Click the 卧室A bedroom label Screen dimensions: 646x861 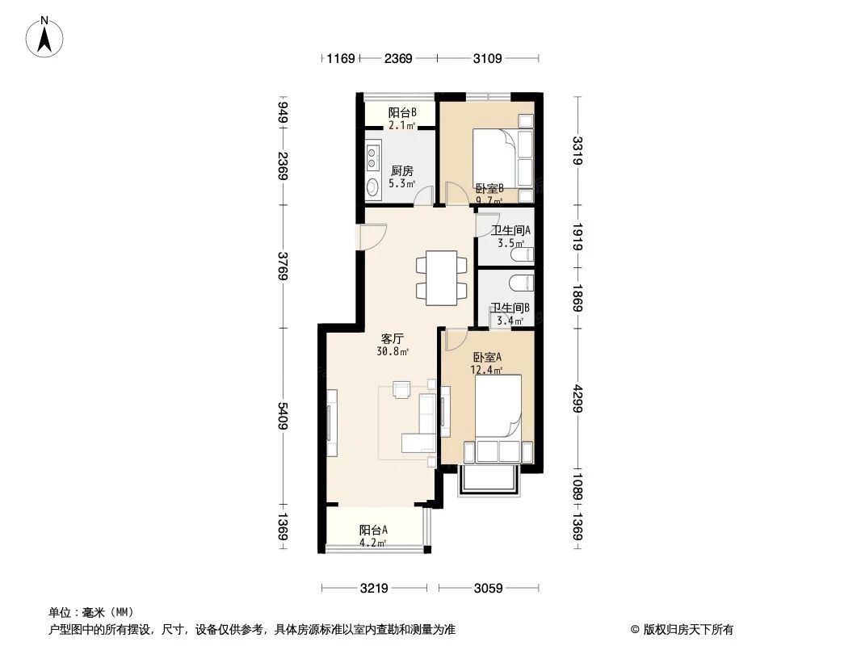488,357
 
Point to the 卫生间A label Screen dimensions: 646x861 510,230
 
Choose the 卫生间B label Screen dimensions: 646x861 510,308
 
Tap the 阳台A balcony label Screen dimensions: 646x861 373,530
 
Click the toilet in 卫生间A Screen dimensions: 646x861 523,255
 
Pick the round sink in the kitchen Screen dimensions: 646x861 373,187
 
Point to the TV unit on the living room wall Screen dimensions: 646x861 331,424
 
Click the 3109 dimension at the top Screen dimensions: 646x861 488,58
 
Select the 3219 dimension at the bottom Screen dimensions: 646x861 373,588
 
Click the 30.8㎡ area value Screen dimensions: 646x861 393,352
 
